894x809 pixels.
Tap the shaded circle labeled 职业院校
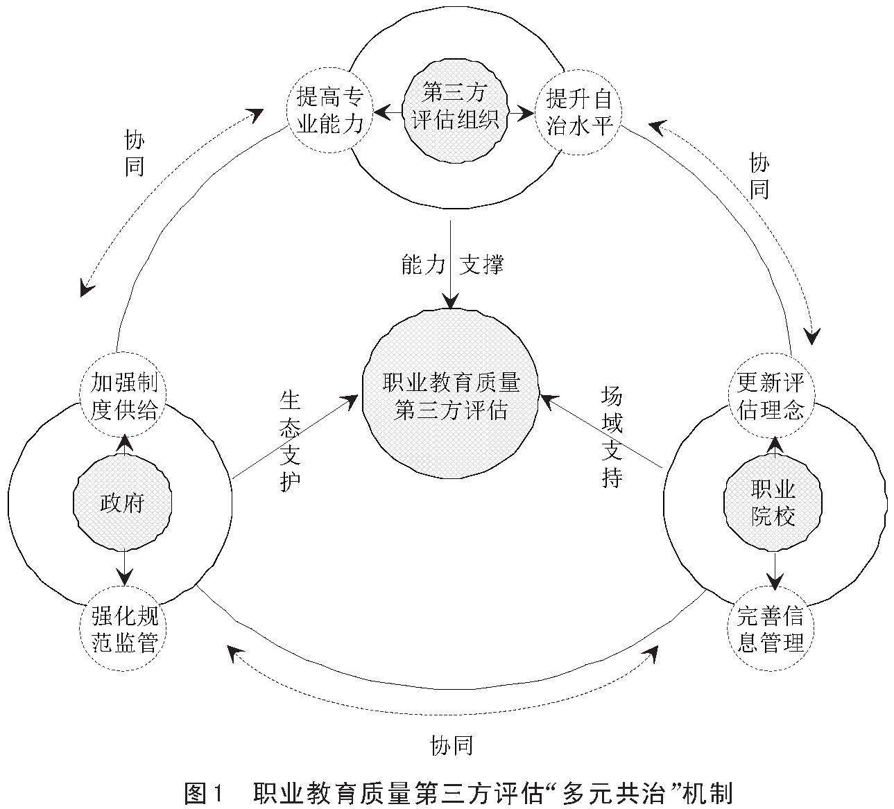[x=772, y=503]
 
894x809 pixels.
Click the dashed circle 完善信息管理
[x=771, y=629]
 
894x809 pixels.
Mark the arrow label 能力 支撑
[x=452, y=264]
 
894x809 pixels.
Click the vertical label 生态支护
[x=291, y=441]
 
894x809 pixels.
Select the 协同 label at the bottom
[x=452, y=745]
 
